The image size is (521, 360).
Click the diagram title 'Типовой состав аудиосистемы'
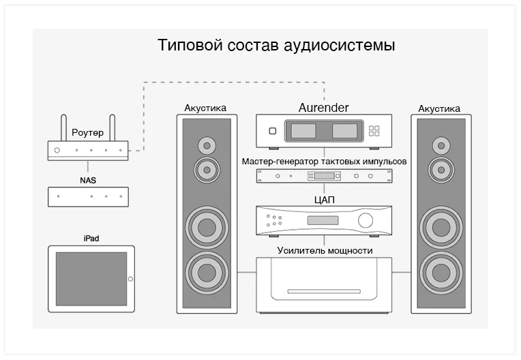(x=276, y=46)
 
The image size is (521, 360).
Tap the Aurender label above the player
(x=323, y=108)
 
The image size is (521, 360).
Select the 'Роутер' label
(x=87, y=133)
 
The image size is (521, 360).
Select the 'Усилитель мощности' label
(x=325, y=250)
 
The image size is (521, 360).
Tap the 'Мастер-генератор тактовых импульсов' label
(x=324, y=162)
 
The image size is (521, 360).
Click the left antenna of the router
(x=63, y=128)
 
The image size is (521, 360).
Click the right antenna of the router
(x=113, y=128)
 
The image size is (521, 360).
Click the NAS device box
(x=88, y=196)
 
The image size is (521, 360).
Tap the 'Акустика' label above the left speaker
(x=205, y=108)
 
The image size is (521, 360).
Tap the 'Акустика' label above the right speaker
(x=438, y=108)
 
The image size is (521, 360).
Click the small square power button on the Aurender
(x=272, y=130)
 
